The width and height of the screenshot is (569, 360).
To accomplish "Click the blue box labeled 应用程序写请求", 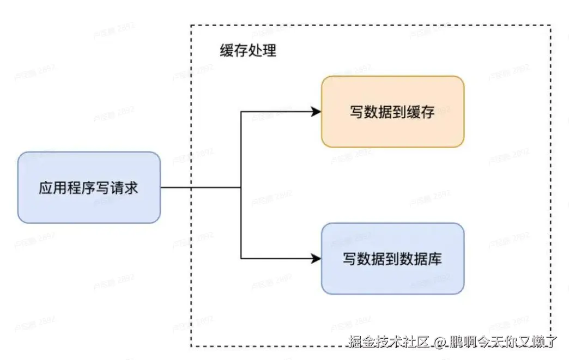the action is pos(89,187).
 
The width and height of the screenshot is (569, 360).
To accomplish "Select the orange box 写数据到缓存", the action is pos(392,112).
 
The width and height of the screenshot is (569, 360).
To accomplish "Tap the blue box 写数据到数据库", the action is pos(392,259).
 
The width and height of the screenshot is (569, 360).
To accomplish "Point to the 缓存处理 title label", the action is pos(248,51).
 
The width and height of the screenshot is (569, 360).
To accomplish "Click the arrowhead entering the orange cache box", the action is pos(316,112).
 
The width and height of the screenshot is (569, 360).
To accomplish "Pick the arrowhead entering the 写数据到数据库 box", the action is pos(316,259).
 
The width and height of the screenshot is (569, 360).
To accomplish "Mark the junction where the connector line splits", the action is pos(241,187).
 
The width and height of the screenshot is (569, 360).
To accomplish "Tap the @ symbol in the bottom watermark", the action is pos(440,342).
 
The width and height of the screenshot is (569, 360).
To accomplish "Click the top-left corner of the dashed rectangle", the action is pos(191,25).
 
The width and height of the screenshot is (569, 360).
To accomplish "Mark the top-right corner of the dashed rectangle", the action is pos(550,25).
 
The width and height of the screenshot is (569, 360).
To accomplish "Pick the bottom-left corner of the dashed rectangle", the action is pos(191,346).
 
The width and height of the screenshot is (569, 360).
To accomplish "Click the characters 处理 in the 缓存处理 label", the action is pos(262,51).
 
